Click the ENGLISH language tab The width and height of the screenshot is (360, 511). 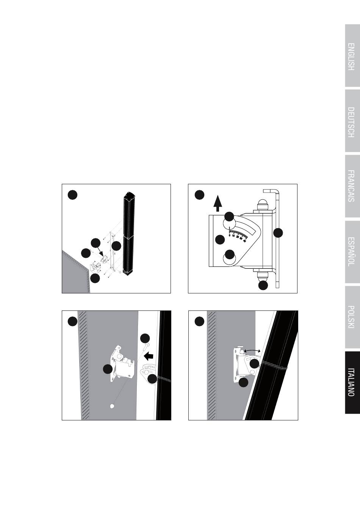352,56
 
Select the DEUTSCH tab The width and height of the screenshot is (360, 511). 352,121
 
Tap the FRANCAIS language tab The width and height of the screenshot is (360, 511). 352,186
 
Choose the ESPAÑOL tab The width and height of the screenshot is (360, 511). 352,252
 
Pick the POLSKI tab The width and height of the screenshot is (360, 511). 352,317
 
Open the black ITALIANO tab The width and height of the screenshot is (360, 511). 352,382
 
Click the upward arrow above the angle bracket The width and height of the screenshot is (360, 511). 218,203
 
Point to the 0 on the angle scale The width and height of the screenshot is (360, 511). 230,235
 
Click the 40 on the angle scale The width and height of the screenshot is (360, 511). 244,241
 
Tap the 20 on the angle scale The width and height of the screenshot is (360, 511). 237,237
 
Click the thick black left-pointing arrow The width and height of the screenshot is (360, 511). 149,356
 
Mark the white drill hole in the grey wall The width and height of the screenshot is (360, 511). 112,406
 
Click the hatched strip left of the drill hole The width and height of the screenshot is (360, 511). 83,365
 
